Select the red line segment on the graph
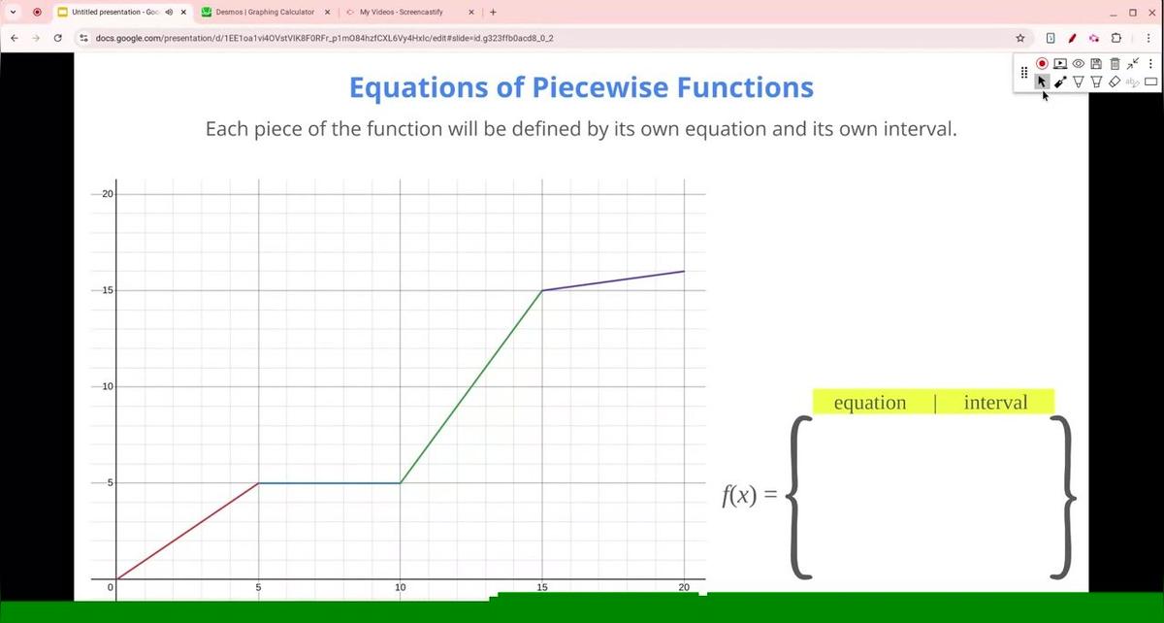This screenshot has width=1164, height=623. [x=187, y=531]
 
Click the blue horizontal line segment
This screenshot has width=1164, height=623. [x=329, y=483]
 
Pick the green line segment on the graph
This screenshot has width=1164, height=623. [x=471, y=386]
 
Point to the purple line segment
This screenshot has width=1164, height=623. [x=613, y=280]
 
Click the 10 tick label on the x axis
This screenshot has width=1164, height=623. [x=400, y=588]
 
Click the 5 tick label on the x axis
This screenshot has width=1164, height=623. [x=258, y=588]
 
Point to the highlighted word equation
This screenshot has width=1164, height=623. [x=870, y=403]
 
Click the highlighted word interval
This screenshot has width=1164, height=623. [x=995, y=403]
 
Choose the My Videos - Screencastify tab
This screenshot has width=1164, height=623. [x=401, y=13]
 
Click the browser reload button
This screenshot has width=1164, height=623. [x=58, y=38]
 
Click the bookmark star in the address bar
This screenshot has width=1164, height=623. [x=1020, y=38]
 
